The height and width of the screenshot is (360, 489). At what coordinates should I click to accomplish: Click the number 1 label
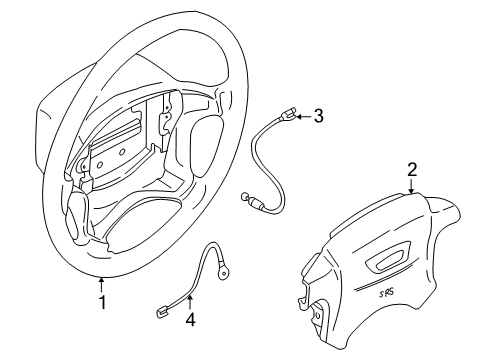click(x=100, y=300)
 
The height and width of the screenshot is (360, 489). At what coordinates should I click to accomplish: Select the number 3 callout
click(x=318, y=116)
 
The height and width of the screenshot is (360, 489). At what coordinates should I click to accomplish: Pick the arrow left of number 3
click(x=302, y=116)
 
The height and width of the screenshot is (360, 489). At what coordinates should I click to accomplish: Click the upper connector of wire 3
click(x=286, y=116)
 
